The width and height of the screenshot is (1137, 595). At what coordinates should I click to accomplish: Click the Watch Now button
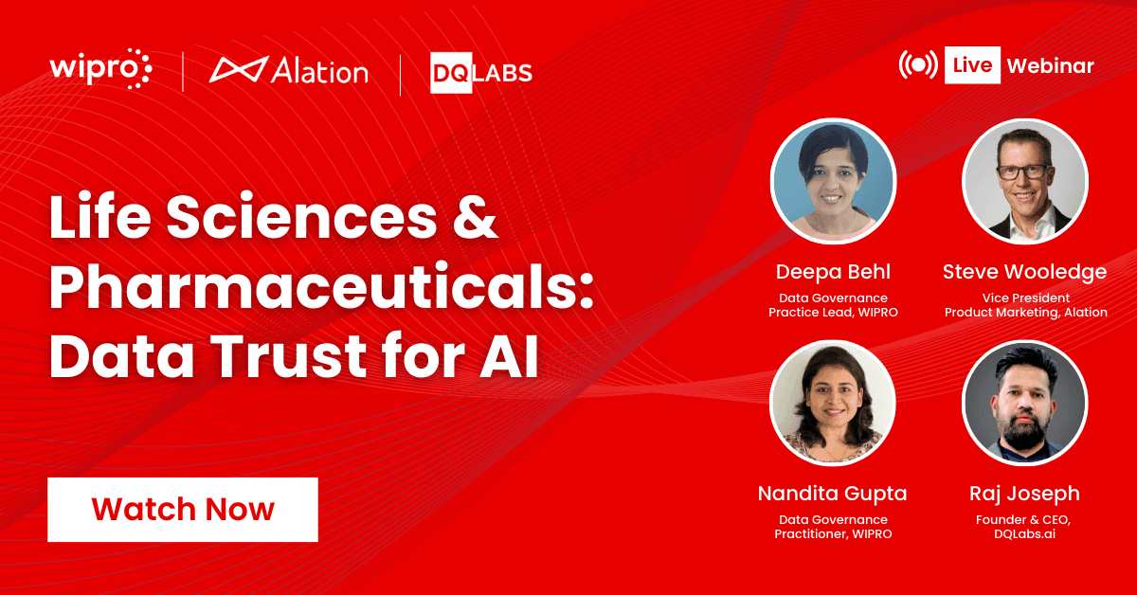pos(183,510)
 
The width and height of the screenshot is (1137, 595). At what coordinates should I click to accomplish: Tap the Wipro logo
pos(100,71)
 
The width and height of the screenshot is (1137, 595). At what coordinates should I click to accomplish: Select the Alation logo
pos(289,71)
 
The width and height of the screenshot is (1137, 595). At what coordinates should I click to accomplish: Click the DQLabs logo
pos(481,72)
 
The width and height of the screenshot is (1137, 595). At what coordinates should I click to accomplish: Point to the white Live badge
pos(973,65)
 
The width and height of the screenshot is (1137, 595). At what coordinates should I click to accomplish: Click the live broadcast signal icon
pos(918,65)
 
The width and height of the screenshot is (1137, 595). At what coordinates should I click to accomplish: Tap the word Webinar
pos(1050,66)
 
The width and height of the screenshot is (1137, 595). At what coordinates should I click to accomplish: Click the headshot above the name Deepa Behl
pos(833,181)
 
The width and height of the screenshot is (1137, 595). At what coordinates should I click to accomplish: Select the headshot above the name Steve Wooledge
pos(1024,181)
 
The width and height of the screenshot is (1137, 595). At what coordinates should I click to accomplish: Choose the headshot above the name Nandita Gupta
pos(833,403)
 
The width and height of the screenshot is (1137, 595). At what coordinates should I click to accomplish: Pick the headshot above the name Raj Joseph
pos(1024,403)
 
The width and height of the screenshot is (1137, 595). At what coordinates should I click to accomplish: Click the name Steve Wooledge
pos(1024,272)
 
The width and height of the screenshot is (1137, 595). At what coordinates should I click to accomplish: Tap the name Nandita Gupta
pos(833,494)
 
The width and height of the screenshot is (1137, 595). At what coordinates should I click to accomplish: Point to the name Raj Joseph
pos(1024,494)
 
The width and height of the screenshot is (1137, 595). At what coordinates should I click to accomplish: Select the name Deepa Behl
pos(833,272)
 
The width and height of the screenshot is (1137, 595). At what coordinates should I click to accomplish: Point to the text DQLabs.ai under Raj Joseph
pos(1024,534)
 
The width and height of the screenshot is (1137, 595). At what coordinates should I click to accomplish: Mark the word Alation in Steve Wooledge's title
pos(1083,313)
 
